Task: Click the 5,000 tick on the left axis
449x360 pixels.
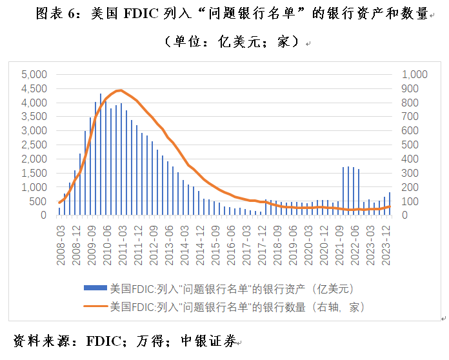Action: [x=34, y=75]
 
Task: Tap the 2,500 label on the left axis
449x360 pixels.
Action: [x=34, y=145]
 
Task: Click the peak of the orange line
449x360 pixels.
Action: [x=121, y=90]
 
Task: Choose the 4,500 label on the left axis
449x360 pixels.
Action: [x=34, y=89]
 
